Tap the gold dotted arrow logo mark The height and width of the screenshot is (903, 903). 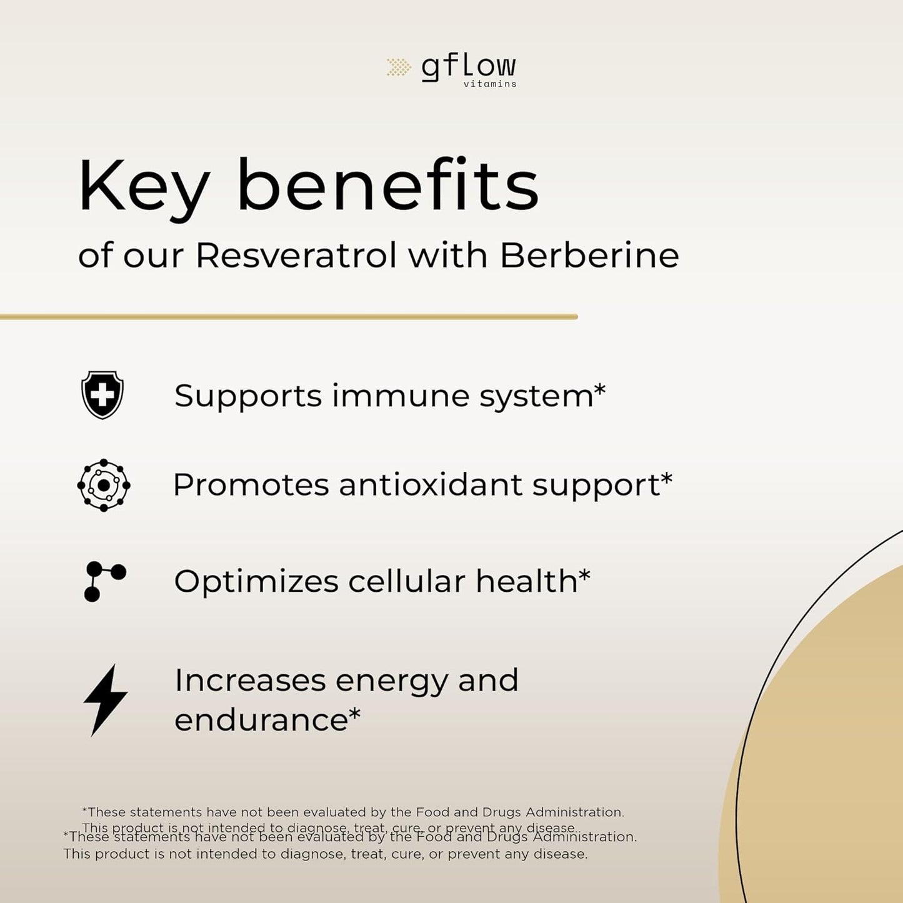[398, 67]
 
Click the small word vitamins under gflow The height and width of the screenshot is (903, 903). [490, 84]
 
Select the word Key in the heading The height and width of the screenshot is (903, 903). [144, 187]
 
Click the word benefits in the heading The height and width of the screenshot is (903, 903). [387, 186]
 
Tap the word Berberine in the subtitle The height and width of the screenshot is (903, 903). [589, 255]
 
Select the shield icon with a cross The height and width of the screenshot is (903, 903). [102, 394]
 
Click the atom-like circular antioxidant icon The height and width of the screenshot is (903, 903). [104, 485]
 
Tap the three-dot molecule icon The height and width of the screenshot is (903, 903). [104, 581]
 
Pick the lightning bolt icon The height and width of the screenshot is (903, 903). [105, 700]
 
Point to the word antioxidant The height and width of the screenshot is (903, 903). [431, 485]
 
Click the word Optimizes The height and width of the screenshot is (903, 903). [256, 582]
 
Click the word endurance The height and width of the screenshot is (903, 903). [261, 720]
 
